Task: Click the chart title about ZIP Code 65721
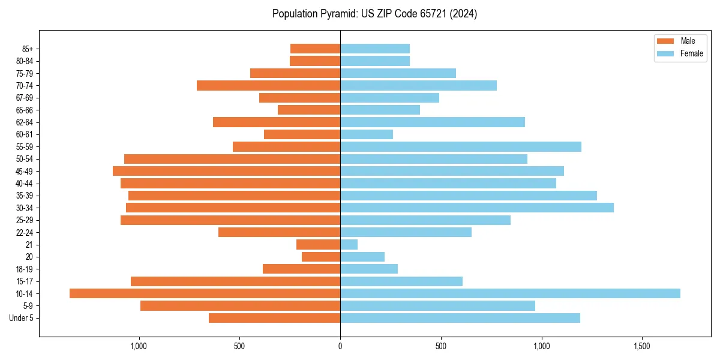374,14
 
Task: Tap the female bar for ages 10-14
510,293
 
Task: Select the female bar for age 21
349,245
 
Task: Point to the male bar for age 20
321,257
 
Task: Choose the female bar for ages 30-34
477,208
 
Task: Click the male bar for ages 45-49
227,171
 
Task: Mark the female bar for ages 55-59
461,147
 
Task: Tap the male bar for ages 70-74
269,86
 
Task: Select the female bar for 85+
375,49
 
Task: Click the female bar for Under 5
460,318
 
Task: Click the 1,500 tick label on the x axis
642,346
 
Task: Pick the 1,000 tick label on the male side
139,346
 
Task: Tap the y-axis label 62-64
25,122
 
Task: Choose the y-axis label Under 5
22,318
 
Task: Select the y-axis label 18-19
25,269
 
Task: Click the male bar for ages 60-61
302,134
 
